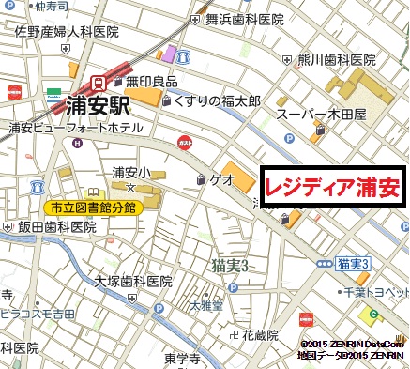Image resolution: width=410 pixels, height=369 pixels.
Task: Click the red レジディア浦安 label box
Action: pos(332,188)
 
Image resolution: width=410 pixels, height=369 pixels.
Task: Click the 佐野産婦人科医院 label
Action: pos(67,32)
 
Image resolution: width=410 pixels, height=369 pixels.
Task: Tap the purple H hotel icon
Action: pos(77,143)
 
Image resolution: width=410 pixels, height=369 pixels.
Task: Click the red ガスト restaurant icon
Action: pos(185,142)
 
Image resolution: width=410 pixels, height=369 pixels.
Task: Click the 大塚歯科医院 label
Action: pos(132,280)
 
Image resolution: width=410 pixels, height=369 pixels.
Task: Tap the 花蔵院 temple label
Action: pos(259,334)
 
